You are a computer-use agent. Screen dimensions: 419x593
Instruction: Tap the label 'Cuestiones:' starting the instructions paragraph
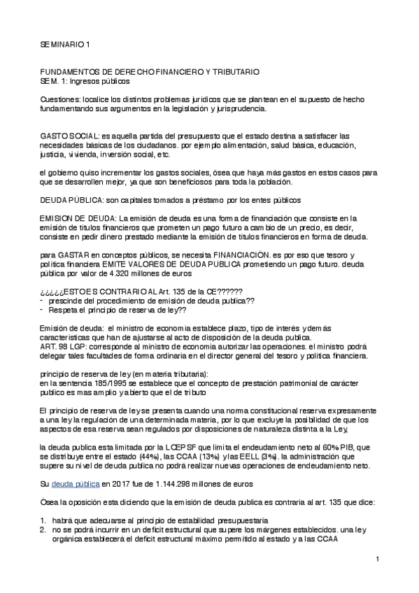click(59, 99)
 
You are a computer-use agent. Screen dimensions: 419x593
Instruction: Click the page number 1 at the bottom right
click(376, 559)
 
